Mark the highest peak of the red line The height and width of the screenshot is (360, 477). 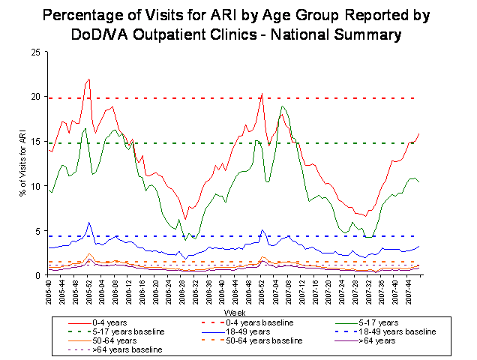89,79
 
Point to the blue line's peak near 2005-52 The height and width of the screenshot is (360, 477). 89,222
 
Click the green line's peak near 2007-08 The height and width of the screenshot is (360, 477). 282,106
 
